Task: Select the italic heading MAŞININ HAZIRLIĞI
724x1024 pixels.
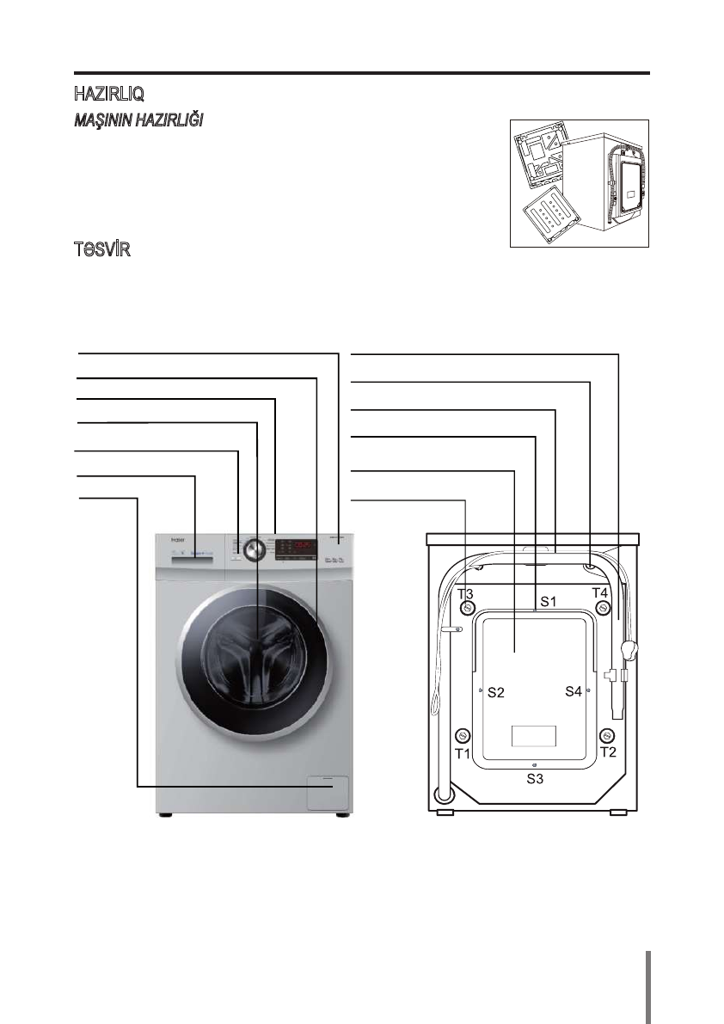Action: click(x=137, y=120)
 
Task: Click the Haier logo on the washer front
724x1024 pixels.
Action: click(x=167, y=542)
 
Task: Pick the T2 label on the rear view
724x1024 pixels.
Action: click(x=609, y=753)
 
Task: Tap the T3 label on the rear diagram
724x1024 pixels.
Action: click(x=465, y=594)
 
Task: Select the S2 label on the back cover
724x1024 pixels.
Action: click(x=495, y=692)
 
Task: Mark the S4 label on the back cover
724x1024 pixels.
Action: click(x=574, y=691)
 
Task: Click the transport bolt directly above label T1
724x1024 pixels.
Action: click(x=463, y=736)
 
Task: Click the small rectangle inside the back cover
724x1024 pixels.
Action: click(x=534, y=737)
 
